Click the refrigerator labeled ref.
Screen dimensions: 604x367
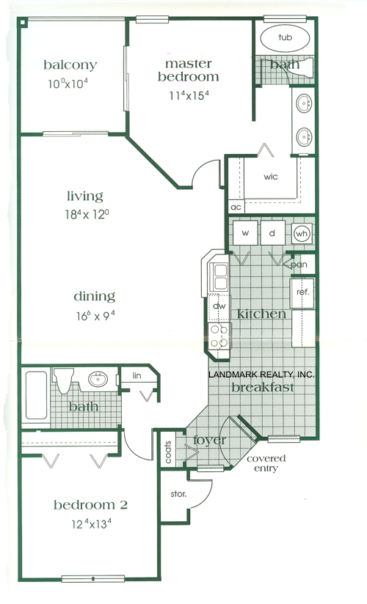(302, 291)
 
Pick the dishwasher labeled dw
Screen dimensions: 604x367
(218, 306)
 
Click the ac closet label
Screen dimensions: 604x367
(236, 207)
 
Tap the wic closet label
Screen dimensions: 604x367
(270, 177)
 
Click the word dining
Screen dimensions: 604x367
(94, 296)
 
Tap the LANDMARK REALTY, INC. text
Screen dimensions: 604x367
(261, 375)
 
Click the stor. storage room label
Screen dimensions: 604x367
(178, 494)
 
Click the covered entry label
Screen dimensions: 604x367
(266, 463)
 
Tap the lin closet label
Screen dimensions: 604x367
(136, 375)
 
